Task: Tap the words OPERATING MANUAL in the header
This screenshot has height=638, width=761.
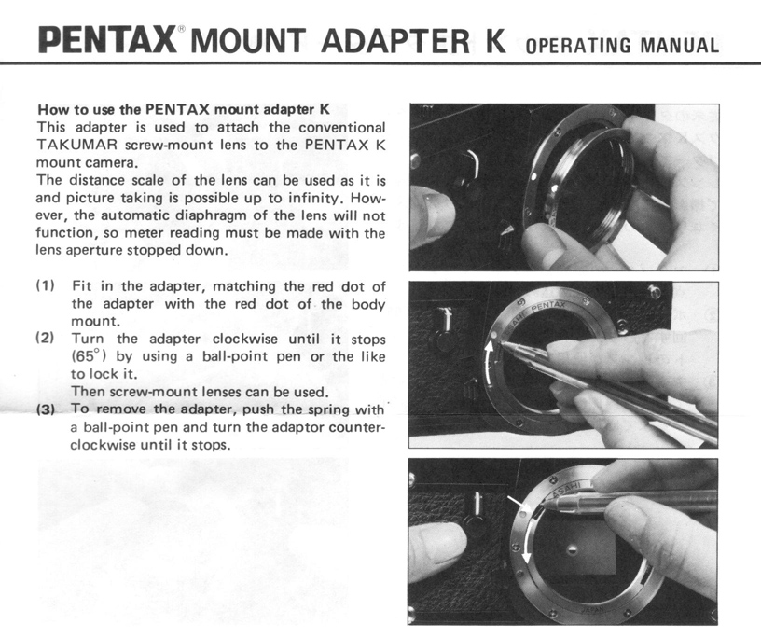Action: coord(622,45)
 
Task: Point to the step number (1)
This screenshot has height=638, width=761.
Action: coord(46,285)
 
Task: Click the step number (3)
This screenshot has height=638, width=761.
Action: coord(46,409)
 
